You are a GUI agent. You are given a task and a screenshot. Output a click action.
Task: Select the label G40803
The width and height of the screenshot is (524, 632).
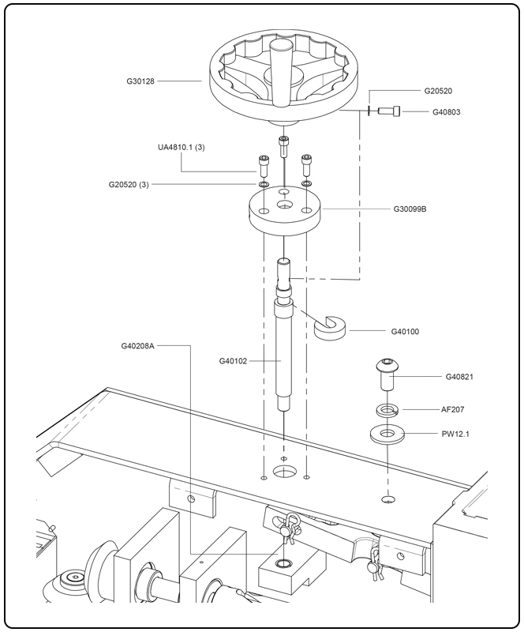(447, 112)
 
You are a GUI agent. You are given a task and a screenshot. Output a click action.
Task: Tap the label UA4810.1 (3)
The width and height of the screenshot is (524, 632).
(182, 147)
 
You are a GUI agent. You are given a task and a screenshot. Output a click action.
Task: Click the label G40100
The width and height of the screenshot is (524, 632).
(406, 331)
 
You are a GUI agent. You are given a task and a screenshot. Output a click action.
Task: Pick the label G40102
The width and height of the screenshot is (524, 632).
(233, 361)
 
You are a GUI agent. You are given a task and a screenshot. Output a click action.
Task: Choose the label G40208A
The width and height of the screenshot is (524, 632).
(137, 345)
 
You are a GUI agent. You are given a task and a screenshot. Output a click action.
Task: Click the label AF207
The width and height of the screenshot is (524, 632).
(457, 410)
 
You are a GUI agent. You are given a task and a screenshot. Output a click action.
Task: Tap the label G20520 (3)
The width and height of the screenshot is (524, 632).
(129, 185)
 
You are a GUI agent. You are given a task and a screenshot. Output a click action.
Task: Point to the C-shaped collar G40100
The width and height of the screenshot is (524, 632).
(331, 326)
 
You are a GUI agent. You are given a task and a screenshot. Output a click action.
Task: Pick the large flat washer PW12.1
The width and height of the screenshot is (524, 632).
(387, 434)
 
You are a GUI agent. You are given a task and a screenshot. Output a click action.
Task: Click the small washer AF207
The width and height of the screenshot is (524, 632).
(387, 410)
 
